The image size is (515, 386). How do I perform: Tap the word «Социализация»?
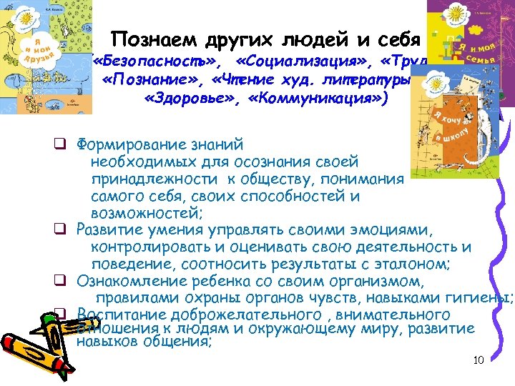click(303, 59)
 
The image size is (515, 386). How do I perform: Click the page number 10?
click(479, 359)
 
